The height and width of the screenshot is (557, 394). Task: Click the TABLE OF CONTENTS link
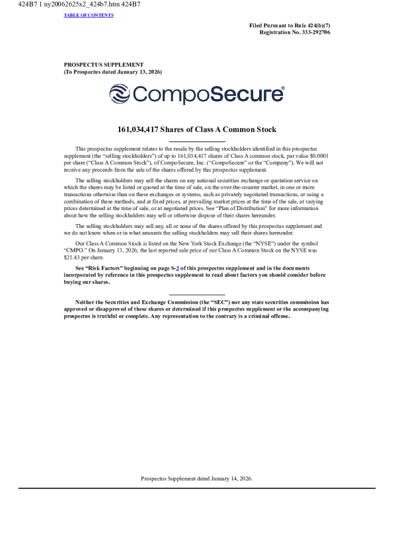tap(89, 15)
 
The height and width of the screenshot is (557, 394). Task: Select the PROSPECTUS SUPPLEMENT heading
tap(104, 65)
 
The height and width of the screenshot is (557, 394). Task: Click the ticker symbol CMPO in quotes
tap(77, 250)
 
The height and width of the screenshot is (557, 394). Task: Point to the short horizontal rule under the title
tap(197, 141)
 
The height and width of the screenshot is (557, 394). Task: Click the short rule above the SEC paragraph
tap(197, 295)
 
